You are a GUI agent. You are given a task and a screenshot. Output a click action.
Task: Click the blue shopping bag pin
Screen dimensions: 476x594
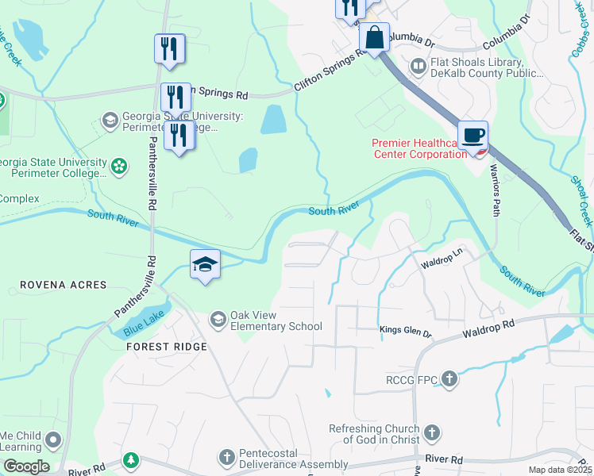pos(374,37)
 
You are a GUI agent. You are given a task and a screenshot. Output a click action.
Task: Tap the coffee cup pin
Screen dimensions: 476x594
pos(472,135)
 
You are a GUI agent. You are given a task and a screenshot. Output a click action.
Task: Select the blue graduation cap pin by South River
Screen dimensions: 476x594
pos(205,264)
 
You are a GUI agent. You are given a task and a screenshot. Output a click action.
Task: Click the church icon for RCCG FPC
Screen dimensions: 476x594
pos(449,379)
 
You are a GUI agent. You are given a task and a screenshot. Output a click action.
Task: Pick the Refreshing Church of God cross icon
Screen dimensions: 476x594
pos(431,433)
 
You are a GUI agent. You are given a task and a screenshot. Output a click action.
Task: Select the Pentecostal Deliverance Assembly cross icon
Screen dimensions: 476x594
pos(227,458)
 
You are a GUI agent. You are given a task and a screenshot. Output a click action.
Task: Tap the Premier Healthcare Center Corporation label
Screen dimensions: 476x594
pos(419,148)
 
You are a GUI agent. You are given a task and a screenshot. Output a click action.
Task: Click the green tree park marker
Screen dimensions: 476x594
pos(130,460)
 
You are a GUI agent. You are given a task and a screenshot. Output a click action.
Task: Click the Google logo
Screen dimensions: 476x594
pos(25,466)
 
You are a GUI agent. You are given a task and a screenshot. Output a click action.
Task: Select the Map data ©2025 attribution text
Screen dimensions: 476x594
pos(559,470)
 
